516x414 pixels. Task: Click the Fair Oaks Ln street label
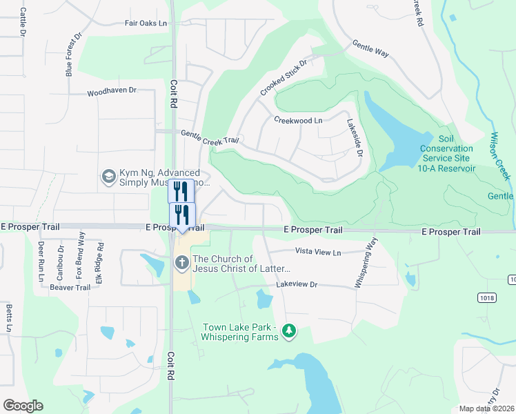pos(146,23)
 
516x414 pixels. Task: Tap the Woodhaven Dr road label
pos(112,91)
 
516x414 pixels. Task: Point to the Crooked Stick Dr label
pos(283,77)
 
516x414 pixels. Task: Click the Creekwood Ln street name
pos(298,120)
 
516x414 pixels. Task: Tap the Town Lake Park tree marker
pos(289,333)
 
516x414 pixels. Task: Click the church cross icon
pos(181,262)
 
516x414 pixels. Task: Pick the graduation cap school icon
pos(108,177)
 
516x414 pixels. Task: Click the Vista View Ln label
pos(318,253)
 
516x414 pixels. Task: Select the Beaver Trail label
pos(70,287)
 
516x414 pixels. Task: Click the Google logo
pos(23,406)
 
